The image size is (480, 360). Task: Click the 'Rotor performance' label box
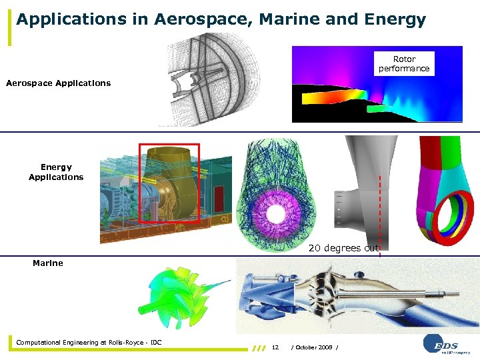(x=404, y=64)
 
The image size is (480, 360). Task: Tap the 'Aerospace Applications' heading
(x=58, y=83)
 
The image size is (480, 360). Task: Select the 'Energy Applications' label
(x=56, y=172)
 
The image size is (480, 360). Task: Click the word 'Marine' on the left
(x=48, y=263)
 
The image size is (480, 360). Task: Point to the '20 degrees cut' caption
(x=343, y=248)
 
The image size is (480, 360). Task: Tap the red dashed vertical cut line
(x=380, y=207)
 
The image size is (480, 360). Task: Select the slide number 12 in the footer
(x=275, y=347)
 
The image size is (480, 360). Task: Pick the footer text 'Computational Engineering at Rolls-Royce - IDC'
(x=89, y=343)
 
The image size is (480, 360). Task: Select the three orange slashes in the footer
(x=259, y=347)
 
